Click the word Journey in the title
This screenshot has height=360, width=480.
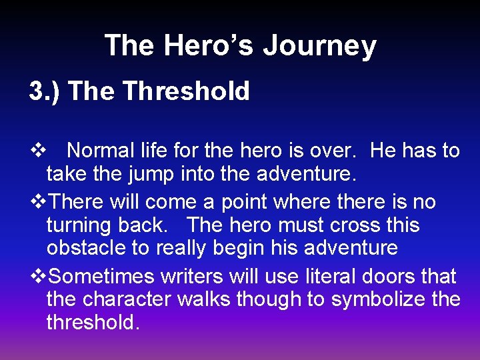pyautogui.click(x=319, y=47)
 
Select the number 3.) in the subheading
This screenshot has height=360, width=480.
pyautogui.click(x=45, y=91)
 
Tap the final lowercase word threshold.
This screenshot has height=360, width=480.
pyautogui.click(x=92, y=323)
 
